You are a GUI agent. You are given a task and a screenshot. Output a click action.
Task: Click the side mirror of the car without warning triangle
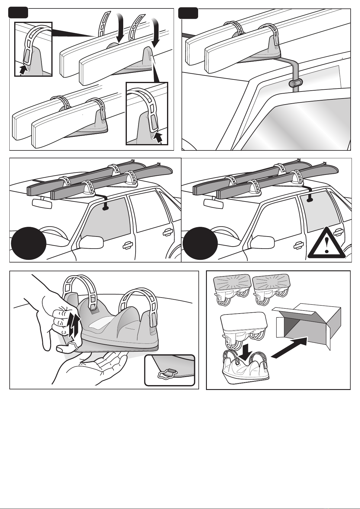point(91,242)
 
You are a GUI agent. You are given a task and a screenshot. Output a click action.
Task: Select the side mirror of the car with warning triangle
point(262,242)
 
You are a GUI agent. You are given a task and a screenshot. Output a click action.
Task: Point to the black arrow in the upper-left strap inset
point(22,70)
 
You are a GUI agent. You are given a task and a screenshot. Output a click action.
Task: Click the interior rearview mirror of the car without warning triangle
point(42,203)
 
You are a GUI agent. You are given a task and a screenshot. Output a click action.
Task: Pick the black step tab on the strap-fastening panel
point(18,13)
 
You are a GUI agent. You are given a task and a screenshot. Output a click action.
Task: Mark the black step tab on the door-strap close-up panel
point(188,13)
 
